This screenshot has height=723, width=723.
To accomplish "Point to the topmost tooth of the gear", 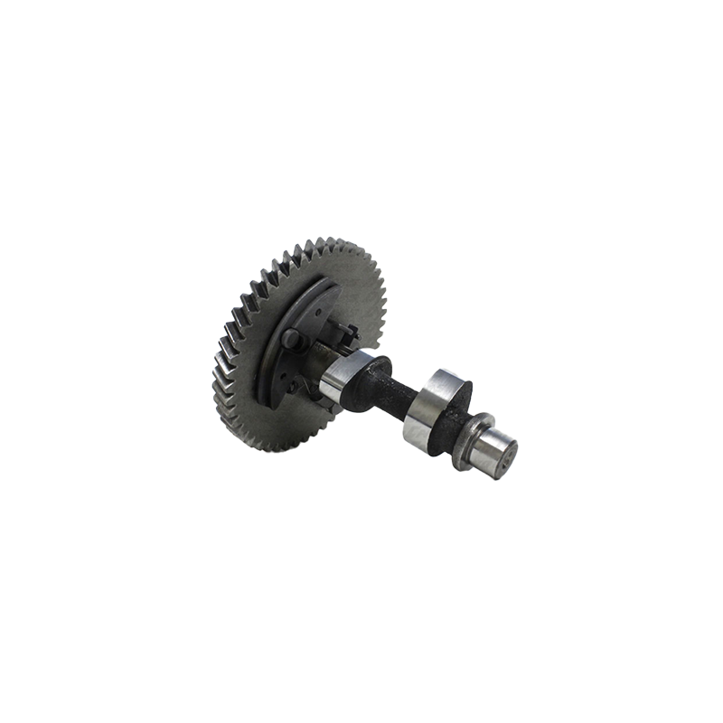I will click(331, 243).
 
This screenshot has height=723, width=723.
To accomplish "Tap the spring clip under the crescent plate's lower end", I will click(294, 389).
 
